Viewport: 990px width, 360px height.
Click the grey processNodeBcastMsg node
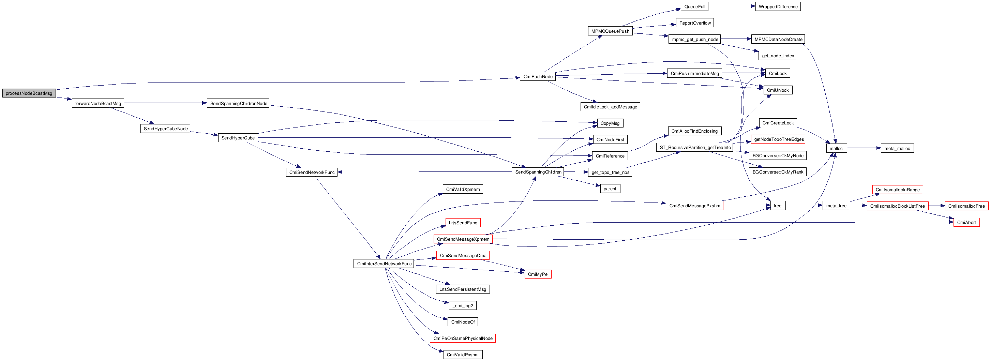point(29,93)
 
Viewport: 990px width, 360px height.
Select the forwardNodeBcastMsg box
point(98,103)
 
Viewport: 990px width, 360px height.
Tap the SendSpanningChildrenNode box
point(238,103)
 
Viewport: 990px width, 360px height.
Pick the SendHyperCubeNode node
point(166,129)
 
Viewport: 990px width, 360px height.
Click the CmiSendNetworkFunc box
point(312,172)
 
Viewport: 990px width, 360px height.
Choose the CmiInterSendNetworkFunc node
point(384,264)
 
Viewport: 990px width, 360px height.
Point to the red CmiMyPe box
point(538,274)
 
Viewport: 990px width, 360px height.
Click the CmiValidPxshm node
point(463,355)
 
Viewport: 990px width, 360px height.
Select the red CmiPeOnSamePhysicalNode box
point(463,338)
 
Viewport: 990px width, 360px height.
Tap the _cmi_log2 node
point(463,305)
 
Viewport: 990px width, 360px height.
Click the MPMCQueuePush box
point(610,31)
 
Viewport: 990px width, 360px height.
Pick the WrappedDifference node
point(778,6)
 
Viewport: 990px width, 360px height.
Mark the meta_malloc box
point(897,148)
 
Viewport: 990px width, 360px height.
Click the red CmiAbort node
point(966,223)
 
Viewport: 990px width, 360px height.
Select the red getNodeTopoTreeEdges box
point(779,139)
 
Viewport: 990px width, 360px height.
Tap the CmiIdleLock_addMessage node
point(610,107)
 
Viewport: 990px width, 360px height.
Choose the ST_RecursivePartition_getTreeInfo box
point(695,148)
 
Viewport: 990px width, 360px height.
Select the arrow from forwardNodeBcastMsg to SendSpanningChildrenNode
point(165,103)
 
